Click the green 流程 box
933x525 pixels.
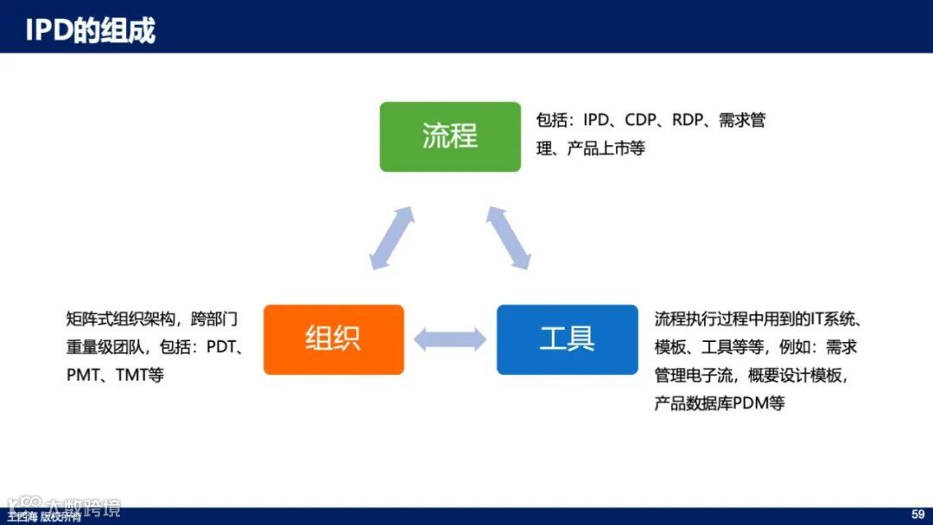tap(450, 136)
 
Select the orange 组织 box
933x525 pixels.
tap(333, 339)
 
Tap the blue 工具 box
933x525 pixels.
tap(567, 339)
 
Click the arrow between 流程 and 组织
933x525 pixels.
tap(392, 238)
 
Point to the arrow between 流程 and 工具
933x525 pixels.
tap(508, 237)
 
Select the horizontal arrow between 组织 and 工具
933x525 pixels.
tap(450, 339)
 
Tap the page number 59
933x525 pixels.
tap(917, 515)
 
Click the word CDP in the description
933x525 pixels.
tap(641, 121)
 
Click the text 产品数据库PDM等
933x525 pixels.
tap(719, 403)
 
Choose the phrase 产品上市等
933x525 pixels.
tap(606, 149)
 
